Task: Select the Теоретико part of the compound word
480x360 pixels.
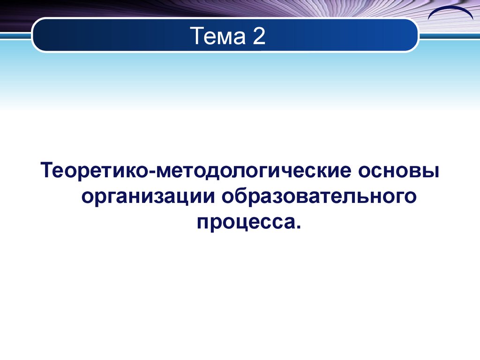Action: (x=94, y=170)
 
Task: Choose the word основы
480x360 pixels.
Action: (x=399, y=170)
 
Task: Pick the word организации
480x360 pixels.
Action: (x=149, y=196)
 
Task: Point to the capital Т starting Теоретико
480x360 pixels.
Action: (x=47, y=170)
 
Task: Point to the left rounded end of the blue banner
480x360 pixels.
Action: (x=37, y=35)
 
